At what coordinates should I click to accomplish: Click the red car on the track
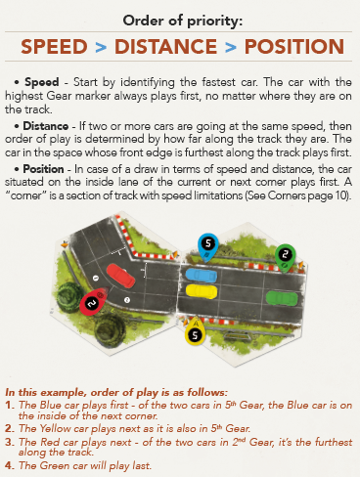[x=120, y=276]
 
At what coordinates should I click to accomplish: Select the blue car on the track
[x=202, y=276]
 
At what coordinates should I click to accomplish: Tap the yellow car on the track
[x=202, y=291]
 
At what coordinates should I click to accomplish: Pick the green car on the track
[x=282, y=298]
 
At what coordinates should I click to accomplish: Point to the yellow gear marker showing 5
[x=195, y=331]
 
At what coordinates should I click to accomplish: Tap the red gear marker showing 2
[x=94, y=301]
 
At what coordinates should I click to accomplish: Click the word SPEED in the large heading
[x=55, y=47]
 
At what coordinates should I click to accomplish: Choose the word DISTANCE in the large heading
[x=166, y=47]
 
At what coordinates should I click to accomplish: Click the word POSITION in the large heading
[x=294, y=47]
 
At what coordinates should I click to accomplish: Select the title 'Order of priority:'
[x=183, y=21]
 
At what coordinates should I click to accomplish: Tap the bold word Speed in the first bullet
[x=42, y=82]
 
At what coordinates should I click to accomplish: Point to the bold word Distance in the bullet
[x=46, y=126]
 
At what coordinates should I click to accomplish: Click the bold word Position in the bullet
[x=43, y=169]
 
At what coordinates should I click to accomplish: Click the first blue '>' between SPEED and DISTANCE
[x=101, y=48]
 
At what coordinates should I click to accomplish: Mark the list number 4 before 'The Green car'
[x=9, y=465]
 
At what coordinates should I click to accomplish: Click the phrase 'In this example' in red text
[x=46, y=392]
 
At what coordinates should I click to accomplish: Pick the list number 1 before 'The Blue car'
[x=9, y=406]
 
